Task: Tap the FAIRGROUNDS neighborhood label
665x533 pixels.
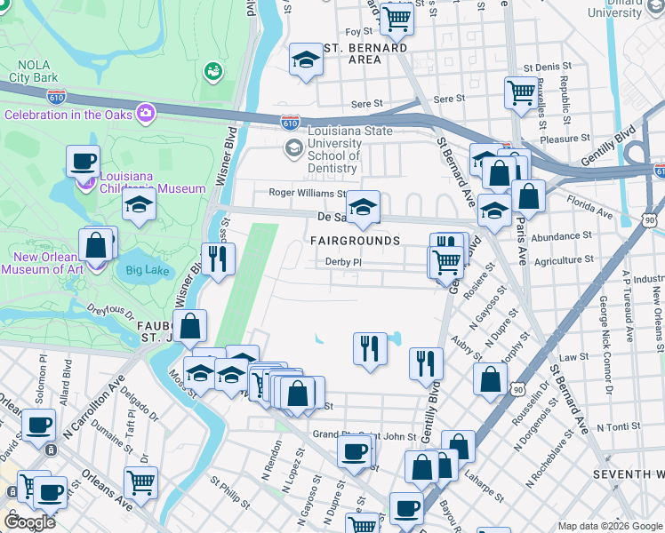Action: (355, 241)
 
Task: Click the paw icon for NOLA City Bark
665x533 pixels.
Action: (212, 70)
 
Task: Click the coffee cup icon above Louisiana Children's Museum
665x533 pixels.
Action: (83, 162)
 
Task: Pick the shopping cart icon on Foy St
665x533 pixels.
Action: (397, 17)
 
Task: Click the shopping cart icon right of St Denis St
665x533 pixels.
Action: (521, 91)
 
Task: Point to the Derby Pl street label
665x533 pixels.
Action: (344, 262)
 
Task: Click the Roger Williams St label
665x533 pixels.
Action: (308, 193)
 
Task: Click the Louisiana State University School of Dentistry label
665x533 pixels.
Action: (332, 148)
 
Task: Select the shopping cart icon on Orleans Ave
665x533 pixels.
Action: (141, 482)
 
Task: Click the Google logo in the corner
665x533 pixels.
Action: (28, 521)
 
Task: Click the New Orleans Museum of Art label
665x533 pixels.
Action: (44, 263)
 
